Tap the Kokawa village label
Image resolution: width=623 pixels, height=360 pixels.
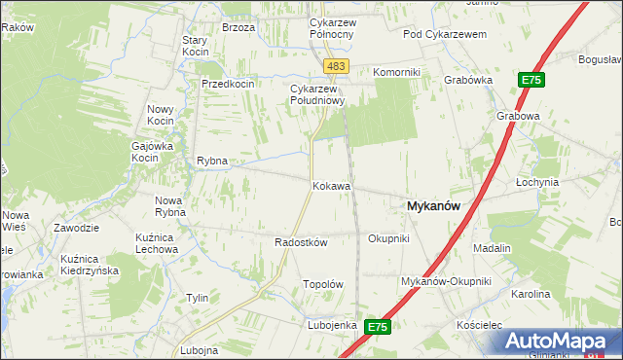pos(331,185)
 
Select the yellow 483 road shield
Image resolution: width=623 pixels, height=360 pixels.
pos(336,65)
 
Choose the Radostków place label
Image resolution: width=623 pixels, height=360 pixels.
pos(301,242)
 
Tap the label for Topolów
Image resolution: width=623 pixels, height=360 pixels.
pos(324,284)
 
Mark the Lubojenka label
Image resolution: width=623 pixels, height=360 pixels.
pos(332,325)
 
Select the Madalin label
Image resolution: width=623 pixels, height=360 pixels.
pos(492,248)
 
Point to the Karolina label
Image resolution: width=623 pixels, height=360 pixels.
pos(531,294)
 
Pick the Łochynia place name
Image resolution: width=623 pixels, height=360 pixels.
pos(536,182)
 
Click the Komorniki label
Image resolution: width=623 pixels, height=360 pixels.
pos(396,72)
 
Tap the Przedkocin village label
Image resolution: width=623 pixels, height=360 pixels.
pos(227,84)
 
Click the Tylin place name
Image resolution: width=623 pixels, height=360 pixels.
pos(197,298)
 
